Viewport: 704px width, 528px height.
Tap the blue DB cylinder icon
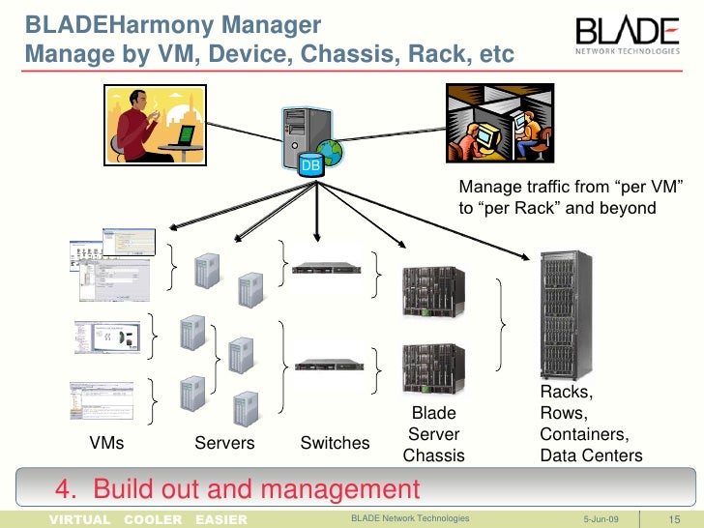pos(310,165)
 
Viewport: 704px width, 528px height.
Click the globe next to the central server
pos(330,154)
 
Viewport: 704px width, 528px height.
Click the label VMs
pos(106,444)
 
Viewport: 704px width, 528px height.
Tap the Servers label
pos(224,444)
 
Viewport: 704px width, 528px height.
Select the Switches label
pos(335,444)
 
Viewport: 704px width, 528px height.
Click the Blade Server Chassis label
pos(433,434)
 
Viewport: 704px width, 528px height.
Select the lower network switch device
pos(320,365)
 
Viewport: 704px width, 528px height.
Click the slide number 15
pos(676,519)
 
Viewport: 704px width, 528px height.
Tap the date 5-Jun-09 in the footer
pos(603,519)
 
